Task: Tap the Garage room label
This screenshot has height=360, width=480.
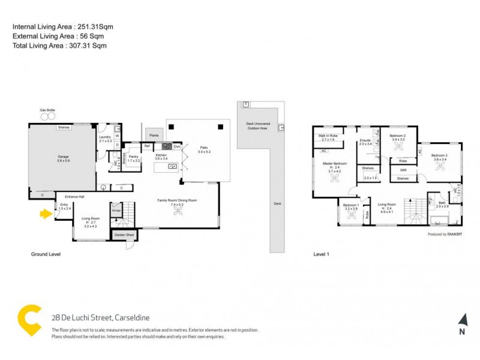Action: pos(63,157)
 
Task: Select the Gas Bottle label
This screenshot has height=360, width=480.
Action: pos(47,110)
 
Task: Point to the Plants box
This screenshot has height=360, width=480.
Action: pos(154,136)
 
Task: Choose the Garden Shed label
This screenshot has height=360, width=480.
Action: pos(124,235)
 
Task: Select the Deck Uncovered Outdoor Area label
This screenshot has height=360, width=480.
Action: pos(258,125)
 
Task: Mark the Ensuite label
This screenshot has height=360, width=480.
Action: pos(365,140)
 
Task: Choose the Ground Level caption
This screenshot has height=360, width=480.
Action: pos(46,254)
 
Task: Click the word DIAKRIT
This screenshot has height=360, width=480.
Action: pos(455,234)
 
